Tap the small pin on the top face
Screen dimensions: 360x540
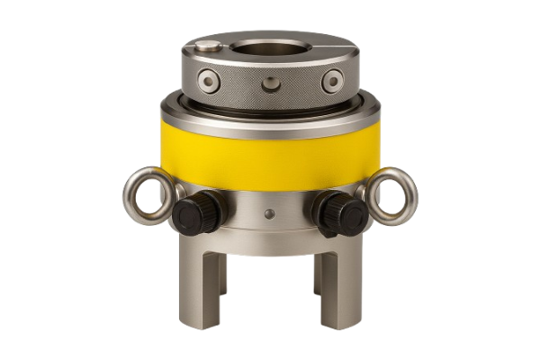(209, 45)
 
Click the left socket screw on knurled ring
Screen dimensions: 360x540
(209, 83)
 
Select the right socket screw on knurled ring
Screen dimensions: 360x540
(332, 82)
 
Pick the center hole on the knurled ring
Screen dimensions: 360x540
(271, 85)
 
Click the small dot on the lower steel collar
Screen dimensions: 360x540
(270, 214)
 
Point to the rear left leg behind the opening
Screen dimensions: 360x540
(222, 270)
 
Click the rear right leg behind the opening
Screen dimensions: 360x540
(318, 270)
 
